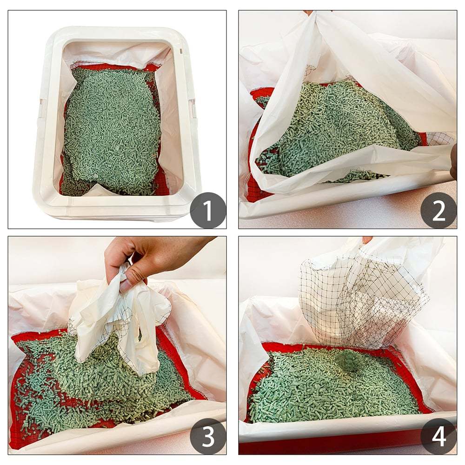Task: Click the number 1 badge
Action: [208, 210]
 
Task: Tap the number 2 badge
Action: [438, 210]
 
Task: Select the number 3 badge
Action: [208, 436]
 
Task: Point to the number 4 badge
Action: [438, 436]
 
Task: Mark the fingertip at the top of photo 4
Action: [367, 240]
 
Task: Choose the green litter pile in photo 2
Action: [325, 126]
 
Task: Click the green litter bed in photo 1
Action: [112, 130]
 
